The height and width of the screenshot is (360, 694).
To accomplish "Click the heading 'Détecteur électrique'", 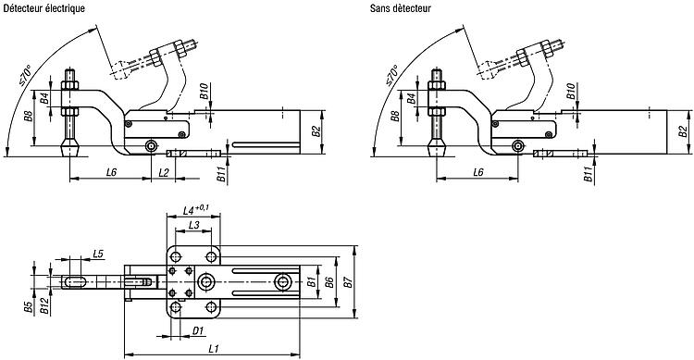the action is (43, 8).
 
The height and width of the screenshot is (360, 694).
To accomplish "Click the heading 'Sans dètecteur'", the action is (401, 8).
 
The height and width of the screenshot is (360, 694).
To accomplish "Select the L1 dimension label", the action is (214, 349).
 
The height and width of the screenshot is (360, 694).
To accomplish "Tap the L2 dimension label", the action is (163, 173).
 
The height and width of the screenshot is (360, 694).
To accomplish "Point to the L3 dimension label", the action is (194, 225).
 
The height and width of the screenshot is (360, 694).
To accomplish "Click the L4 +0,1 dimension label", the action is (196, 209).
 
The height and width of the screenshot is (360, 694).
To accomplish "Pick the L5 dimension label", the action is (98, 254).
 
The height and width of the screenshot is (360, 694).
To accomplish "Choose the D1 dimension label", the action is (197, 330).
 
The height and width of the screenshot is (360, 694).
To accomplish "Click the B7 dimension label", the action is (348, 281).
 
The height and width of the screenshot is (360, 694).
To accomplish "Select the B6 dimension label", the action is (328, 281).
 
